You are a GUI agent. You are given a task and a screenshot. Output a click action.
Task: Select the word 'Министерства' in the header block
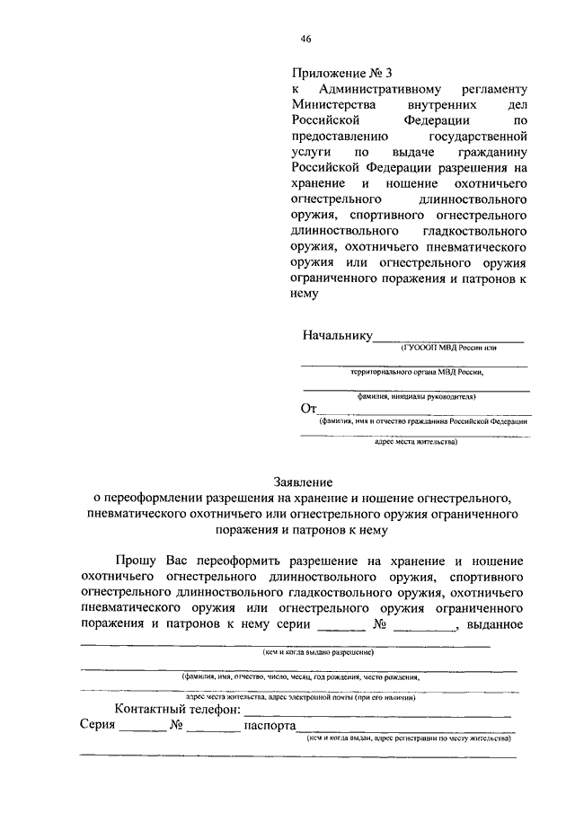[330, 106]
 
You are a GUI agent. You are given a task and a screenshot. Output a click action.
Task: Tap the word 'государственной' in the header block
[482, 137]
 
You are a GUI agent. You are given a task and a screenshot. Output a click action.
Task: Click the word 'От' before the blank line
[310, 409]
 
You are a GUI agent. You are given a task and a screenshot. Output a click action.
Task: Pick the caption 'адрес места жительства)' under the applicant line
[415, 442]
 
